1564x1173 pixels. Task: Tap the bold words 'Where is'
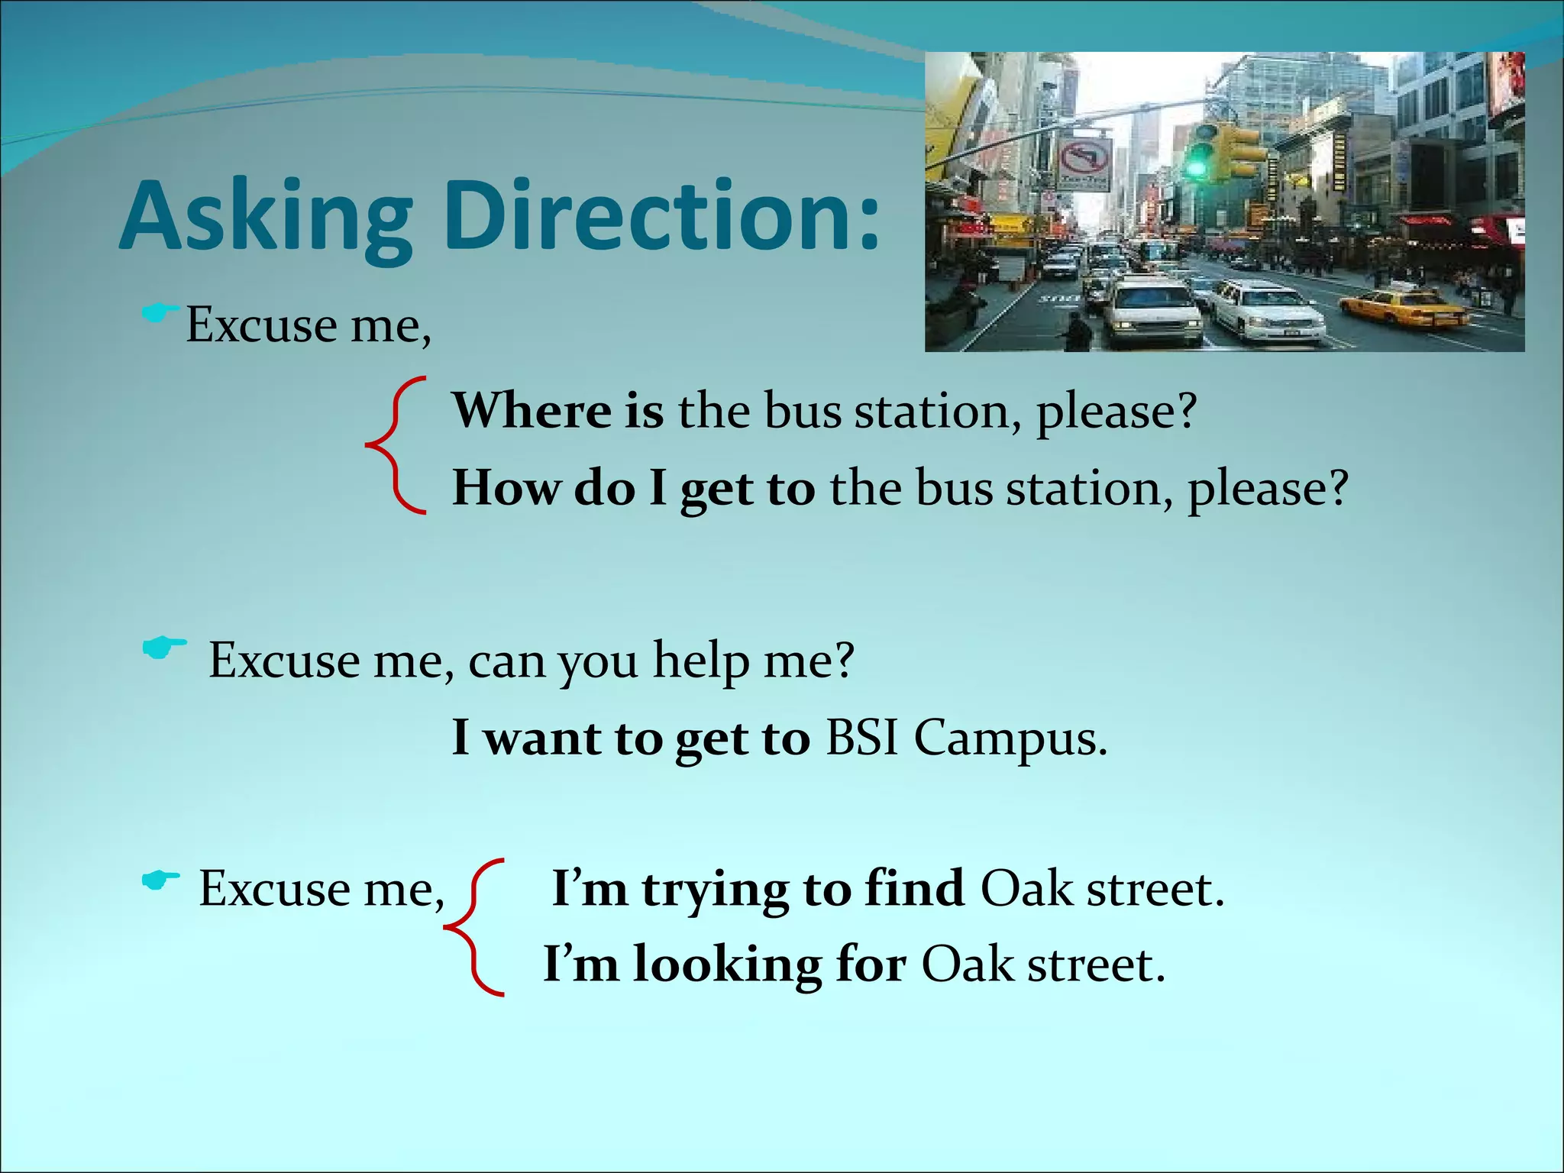(557, 411)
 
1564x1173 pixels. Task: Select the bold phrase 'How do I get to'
(633, 488)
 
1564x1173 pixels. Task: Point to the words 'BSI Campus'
(965, 738)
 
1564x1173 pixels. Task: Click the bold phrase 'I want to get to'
(630, 738)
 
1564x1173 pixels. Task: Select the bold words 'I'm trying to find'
(758, 889)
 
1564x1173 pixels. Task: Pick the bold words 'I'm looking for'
(724, 965)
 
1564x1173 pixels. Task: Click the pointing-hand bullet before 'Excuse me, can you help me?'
(163, 648)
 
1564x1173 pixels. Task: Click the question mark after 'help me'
(843, 660)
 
